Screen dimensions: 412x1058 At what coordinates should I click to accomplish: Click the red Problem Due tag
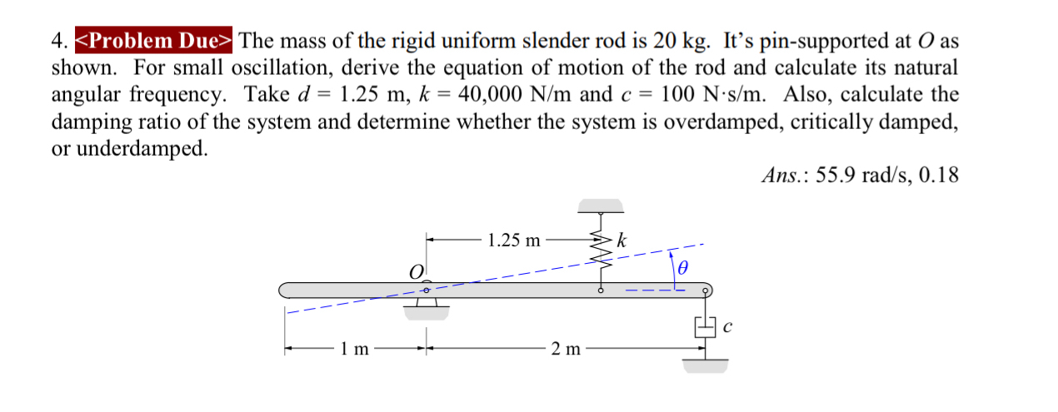click(156, 40)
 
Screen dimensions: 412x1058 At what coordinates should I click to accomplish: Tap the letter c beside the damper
click(727, 328)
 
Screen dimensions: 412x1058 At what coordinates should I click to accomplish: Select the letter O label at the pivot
click(415, 271)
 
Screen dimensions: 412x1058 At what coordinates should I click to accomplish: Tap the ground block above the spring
click(601, 205)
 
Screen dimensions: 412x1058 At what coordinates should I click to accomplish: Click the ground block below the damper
click(705, 365)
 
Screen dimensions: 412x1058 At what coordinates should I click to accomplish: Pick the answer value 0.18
click(940, 176)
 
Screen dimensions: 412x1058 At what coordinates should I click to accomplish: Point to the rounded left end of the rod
click(286, 290)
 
